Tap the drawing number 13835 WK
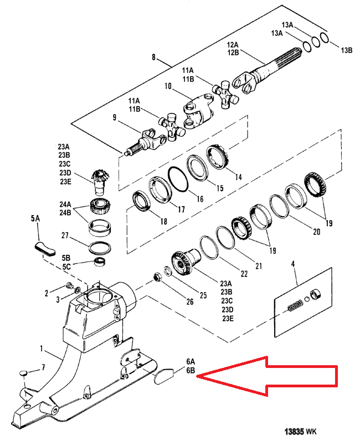[x=301, y=431]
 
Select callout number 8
[x=153, y=57]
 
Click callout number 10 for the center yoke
[x=168, y=86]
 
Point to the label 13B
[x=347, y=50]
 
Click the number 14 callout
[x=238, y=177]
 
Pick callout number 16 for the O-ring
[x=199, y=199]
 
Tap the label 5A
[x=35, y=218]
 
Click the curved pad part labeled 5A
[x=45, y=249]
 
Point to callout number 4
[x=293, y=264]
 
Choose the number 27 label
[x=65, y=235]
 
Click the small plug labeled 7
[x=24, y=373]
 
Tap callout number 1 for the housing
[x=42, y=349]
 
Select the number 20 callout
[x=317, y=232]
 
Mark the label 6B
[x=191, y=370]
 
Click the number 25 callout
[x=203, y=295]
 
